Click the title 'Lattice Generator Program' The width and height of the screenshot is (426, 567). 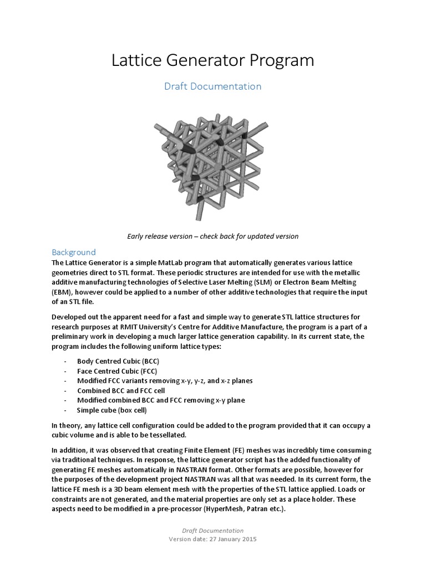pyautogui.click(x=212, y=60)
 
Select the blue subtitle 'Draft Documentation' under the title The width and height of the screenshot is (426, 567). pyautogui.click(x=213, y=86)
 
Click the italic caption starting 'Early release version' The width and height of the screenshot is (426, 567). pyautogui.click(x=213, y=236)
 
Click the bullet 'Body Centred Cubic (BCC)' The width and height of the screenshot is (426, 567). pyautogui.click(x=118, y=361)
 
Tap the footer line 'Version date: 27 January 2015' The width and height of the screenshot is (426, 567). pyautogui.click(x=213, y=539)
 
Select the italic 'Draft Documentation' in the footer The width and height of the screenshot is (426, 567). pyautogui.click(x=213, y=530)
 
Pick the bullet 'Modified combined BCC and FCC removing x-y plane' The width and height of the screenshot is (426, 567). pyautogui.click(x=161, y=400)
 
